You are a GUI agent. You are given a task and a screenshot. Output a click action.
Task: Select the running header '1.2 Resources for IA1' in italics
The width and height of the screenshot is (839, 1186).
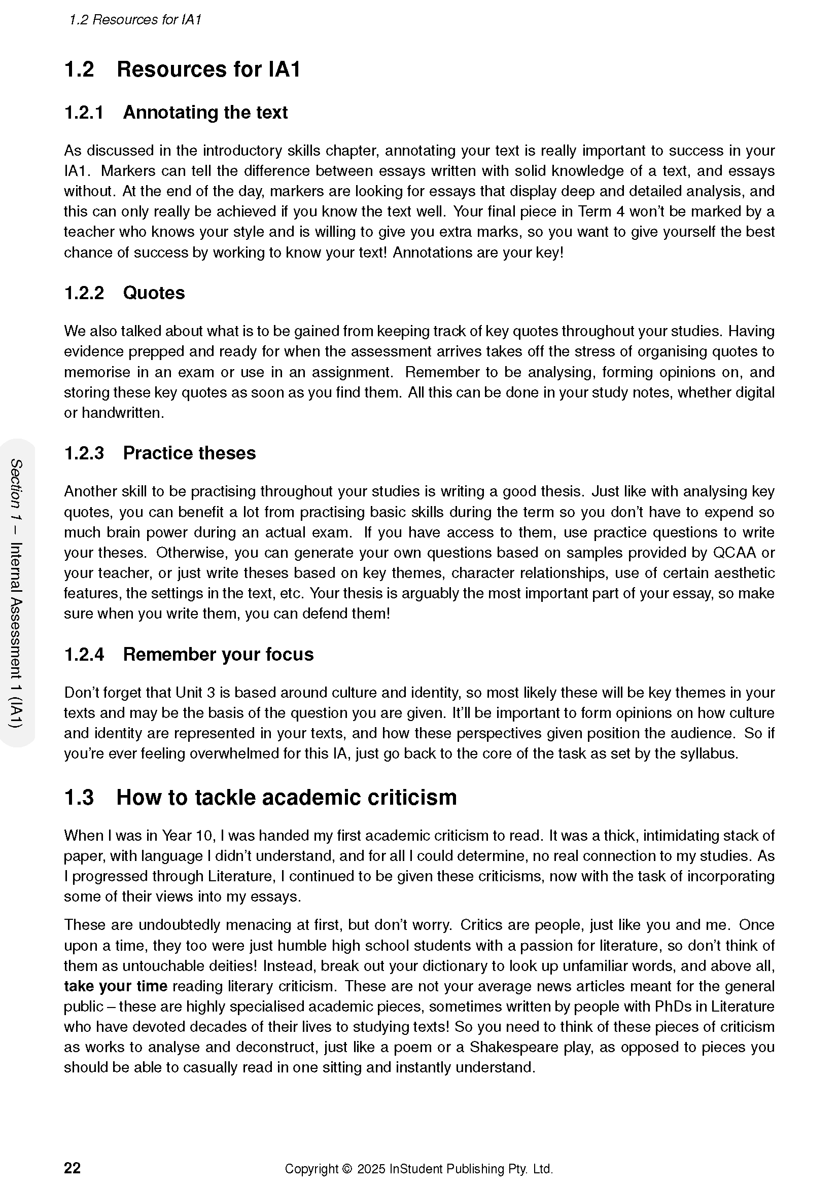point(135,20)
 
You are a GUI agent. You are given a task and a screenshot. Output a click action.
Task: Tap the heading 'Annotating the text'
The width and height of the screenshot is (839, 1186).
point(205,112)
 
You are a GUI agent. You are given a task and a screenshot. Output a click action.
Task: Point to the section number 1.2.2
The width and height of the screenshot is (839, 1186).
point(84,293)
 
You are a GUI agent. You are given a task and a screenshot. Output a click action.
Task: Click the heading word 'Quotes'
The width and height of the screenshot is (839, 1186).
point(153,293)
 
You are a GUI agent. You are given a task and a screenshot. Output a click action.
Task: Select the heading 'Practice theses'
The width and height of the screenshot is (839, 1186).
point(189,453)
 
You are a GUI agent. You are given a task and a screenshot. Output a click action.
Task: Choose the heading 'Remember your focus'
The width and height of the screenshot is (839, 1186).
point(218,654)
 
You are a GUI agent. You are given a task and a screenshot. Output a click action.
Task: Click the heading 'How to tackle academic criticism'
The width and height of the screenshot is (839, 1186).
point(286,797)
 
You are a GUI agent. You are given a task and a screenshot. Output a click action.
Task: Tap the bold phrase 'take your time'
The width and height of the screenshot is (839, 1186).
point(115,986)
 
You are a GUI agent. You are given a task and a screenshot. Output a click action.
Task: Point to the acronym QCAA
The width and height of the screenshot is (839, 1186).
point(734,553)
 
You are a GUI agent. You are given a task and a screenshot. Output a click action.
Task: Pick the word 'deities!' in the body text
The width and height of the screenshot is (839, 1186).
point(228,966)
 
